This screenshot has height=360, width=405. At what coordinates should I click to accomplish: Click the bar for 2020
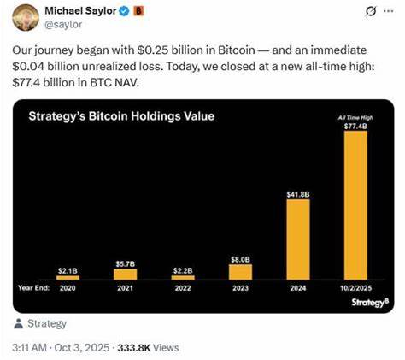click(x=67, y=276)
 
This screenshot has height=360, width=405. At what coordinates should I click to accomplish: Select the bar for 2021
click(x=125, y=274)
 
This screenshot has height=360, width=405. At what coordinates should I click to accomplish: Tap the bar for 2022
click(x=183, y=276)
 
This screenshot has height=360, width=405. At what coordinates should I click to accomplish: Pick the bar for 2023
click(x=240, y=271)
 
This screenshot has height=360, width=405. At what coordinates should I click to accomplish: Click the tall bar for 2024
click(x=297, y=240)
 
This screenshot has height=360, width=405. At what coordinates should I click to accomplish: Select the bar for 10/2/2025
click(x=355, y=205)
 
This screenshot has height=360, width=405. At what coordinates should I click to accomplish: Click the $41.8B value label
click(x=297, y=194)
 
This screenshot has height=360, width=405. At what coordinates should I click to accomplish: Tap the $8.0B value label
click(x=240, y=257)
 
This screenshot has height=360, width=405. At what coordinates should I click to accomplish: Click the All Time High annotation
click(x=355, y=115)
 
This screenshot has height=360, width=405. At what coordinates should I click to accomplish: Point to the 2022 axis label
click(x=183, y=288)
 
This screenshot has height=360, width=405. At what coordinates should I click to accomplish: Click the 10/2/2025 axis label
click(x=355, y=288)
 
